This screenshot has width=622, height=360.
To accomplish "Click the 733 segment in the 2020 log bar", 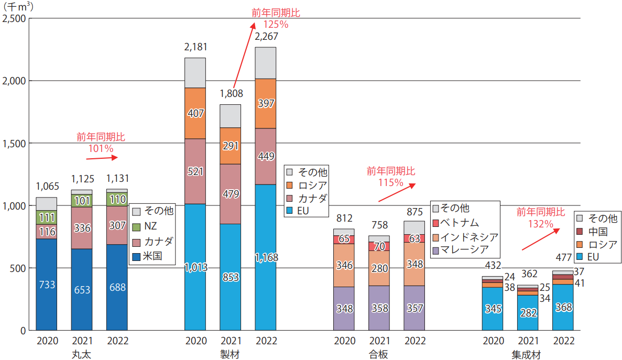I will [46, 285].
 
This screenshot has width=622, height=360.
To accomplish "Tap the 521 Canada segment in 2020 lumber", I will [195, 171].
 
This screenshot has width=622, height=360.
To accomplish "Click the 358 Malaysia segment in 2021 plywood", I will [379, 308].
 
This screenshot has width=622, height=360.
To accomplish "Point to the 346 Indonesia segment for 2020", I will [344, 265].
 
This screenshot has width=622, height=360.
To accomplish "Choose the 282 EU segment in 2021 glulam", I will [528, 313].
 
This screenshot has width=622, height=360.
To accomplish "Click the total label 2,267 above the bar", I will [266, 37].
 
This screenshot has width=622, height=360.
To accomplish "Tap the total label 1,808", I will [231, 94].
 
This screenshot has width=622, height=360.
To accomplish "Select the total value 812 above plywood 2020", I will [344, 218].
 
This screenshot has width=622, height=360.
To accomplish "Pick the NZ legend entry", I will [151, 226].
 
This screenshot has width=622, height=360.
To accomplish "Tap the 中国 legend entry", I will [597, 231].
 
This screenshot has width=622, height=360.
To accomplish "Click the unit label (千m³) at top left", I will [17, 6].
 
